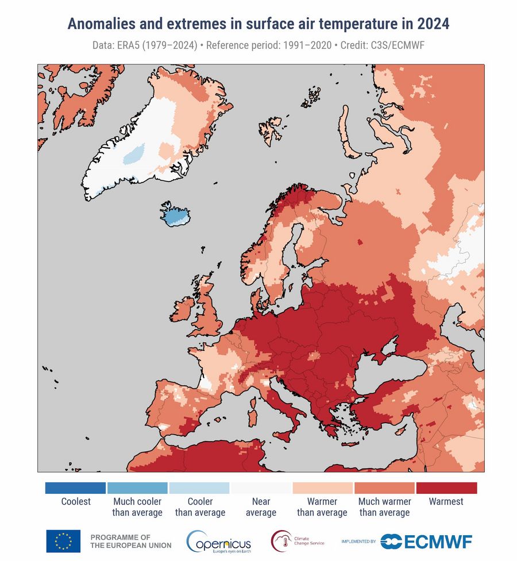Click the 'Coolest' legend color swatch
(75, 488)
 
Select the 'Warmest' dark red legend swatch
(446, 488)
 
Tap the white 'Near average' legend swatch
(261, 488)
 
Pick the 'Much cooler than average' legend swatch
(137, 488)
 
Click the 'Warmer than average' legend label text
(322, 507)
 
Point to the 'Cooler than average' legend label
(200, 507)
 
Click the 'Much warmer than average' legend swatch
(384, 488)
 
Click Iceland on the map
(175, 215)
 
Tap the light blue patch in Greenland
(134, 154)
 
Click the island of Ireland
(182, 310)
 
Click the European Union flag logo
(63, 541)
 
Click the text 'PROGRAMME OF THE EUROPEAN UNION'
(130, 541)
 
